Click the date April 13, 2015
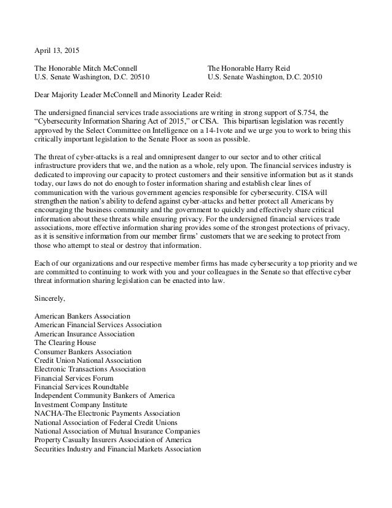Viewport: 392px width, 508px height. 57,49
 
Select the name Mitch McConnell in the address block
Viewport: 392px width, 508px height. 112,68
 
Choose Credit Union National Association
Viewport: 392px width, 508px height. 88,360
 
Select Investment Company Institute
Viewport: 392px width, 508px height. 81,405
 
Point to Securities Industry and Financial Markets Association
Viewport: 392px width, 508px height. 117,450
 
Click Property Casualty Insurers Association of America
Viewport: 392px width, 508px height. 112,441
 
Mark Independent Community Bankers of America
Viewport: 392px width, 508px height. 104,396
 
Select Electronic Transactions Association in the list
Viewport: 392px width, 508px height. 90,369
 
